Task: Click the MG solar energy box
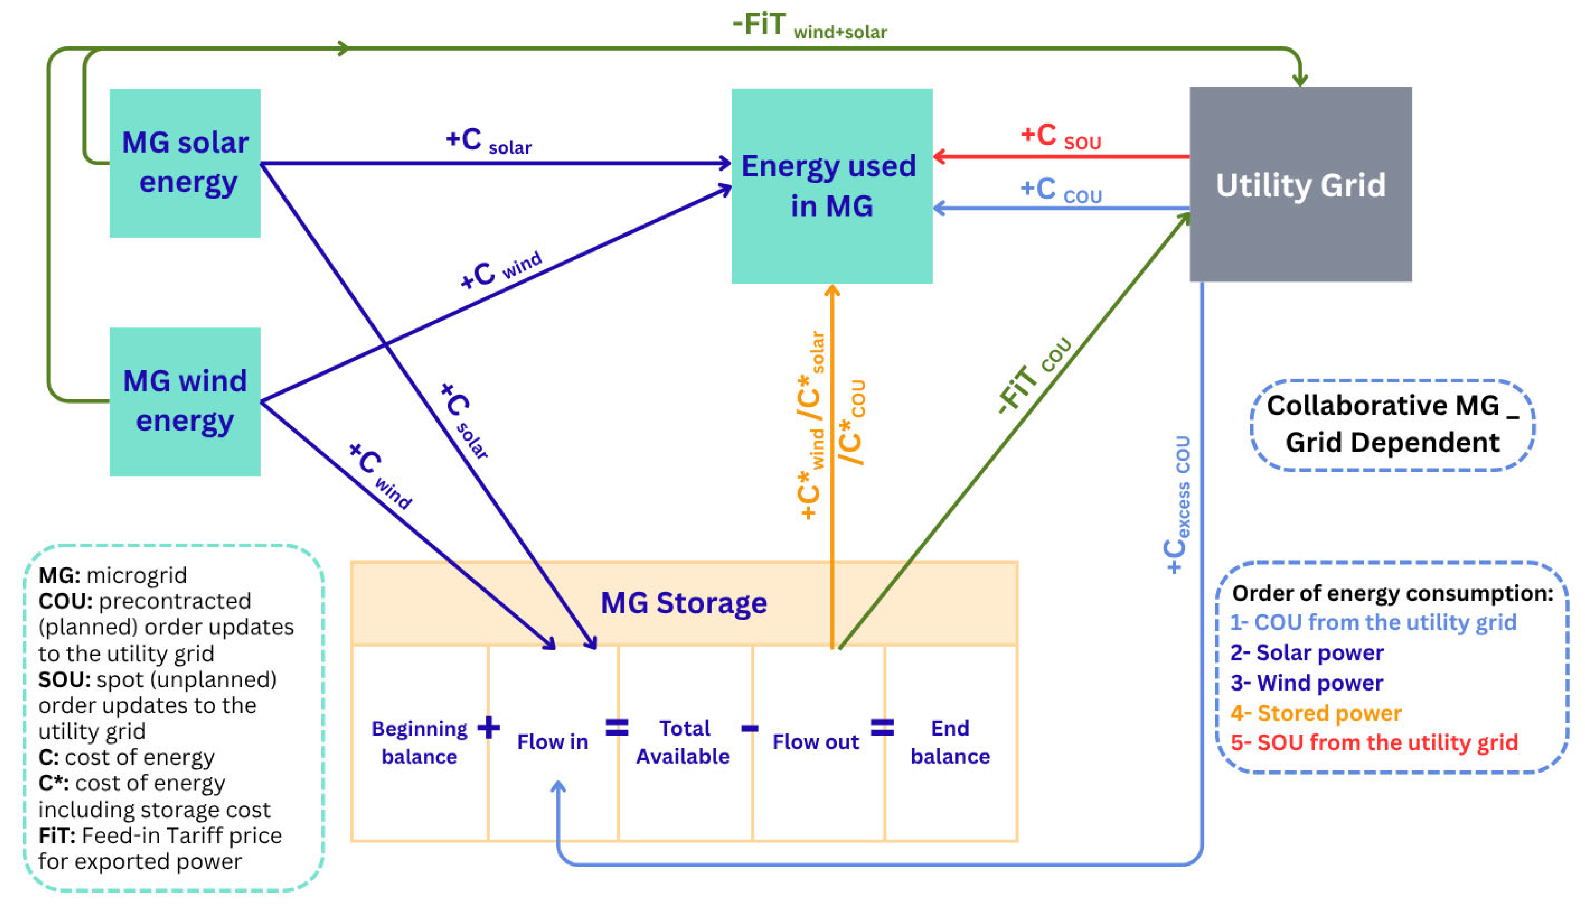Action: [185, 163]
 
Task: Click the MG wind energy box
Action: [185, 401]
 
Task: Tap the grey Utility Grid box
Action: [1300, 185]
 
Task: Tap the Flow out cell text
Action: [815, 742]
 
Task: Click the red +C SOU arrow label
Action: [1060, 136]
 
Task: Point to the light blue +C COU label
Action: [1060, 190]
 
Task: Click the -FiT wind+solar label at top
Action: [809, 26]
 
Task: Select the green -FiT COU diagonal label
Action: [1034, 376]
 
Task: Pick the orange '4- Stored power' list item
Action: [1316, 713]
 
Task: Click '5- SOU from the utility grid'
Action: [1374, 743]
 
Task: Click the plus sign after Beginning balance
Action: [489, 728]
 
